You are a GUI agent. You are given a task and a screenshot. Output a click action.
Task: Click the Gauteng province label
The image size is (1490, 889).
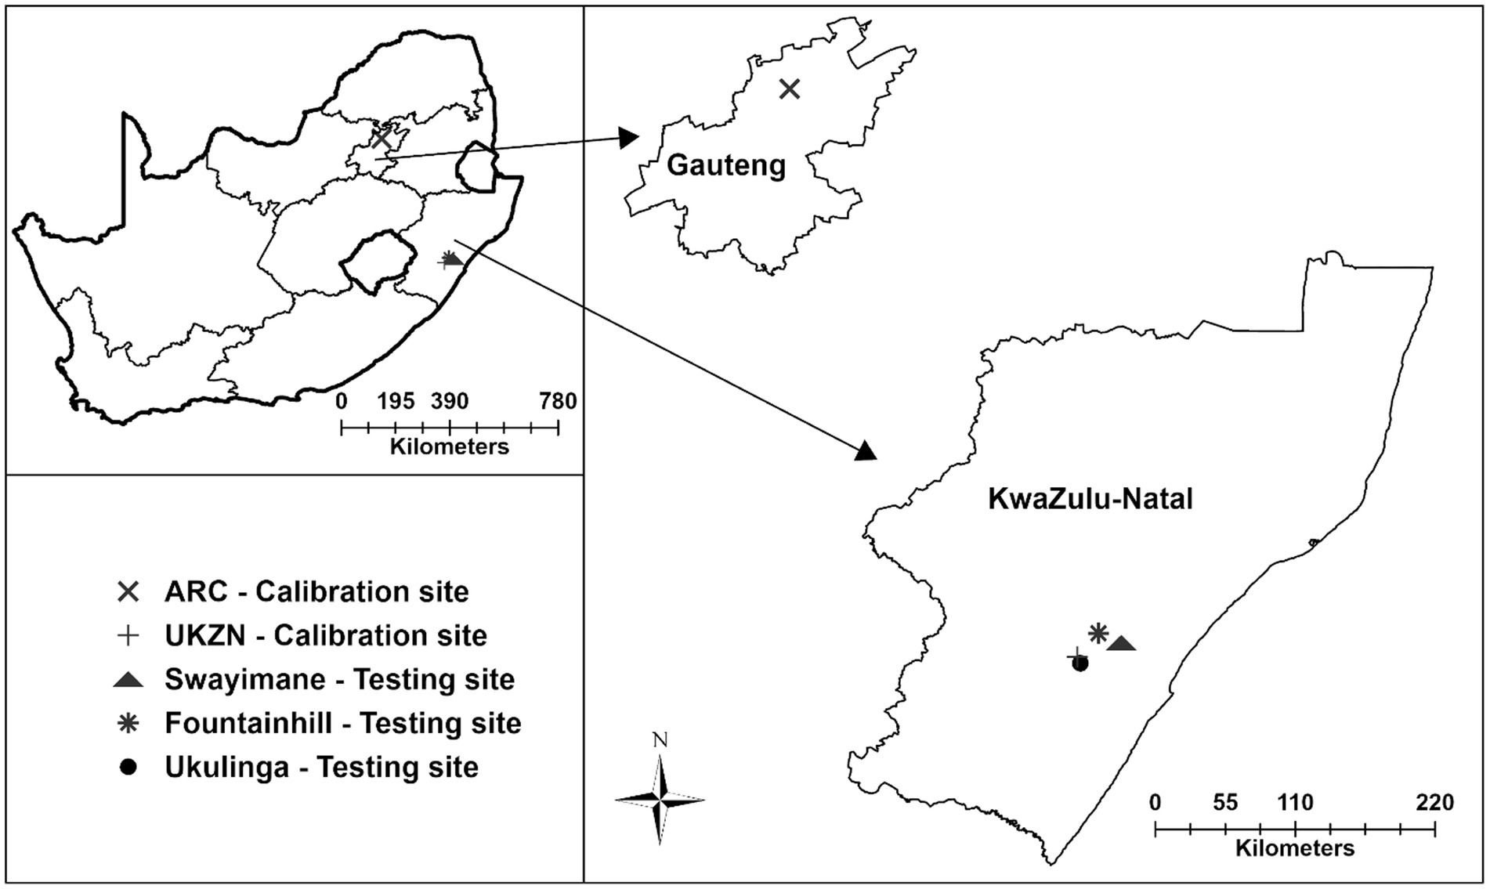point(725,166)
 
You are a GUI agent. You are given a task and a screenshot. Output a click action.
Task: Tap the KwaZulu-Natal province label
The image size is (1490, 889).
point(1090,499)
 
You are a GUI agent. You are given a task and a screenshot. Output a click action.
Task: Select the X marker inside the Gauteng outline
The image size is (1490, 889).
point(790,89)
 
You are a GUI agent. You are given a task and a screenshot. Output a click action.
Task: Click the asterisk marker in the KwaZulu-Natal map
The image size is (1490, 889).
point(1098,633)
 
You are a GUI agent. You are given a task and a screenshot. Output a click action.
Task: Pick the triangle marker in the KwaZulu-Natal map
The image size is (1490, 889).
point(1122,644)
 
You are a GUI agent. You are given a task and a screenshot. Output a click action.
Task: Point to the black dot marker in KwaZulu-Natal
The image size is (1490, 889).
point(1080,664)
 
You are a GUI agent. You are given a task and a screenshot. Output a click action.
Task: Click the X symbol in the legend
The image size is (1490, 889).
point(128,591)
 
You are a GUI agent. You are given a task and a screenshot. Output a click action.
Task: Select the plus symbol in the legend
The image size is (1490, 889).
point(128,635)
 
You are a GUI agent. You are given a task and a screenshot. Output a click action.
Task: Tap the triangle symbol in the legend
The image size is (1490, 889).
point(128,680)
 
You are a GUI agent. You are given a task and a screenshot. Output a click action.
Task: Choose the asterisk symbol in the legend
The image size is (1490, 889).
point(128,723)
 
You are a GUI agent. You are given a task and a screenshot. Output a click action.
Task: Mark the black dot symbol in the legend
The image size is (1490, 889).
point(128,768)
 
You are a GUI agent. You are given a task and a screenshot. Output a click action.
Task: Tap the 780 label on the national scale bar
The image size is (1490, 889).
point(558,402)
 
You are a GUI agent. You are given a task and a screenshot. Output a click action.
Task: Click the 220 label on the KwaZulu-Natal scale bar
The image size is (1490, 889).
point(1434,803)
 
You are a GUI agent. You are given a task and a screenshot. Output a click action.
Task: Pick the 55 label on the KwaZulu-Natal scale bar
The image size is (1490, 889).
point(1225,803)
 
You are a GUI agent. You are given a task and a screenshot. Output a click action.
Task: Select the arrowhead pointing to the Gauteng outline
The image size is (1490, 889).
point(629,138)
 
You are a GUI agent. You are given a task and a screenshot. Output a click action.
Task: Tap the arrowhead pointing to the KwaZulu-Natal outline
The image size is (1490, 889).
point(866,451)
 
